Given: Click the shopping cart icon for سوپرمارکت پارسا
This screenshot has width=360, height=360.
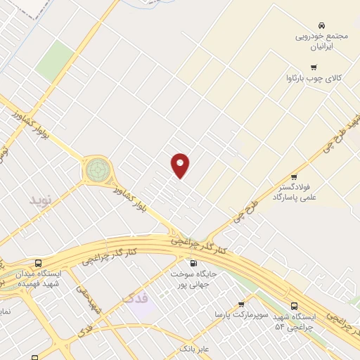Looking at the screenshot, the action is [241, 304].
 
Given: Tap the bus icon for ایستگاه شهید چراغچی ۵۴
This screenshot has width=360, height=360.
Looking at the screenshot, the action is [294, 306].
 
